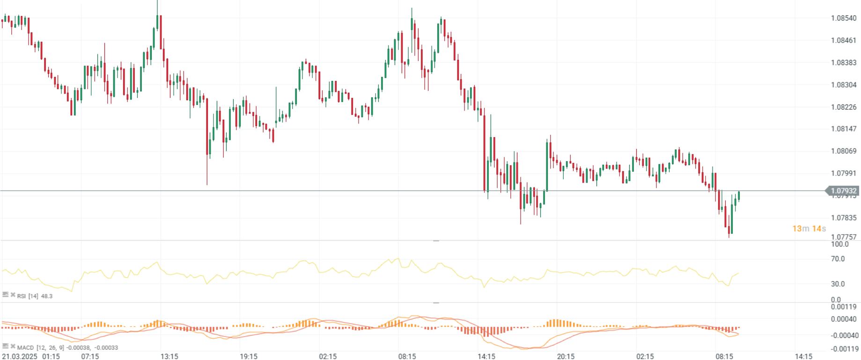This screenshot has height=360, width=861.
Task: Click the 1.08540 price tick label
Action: tap(844, 18)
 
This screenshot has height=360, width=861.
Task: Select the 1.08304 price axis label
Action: tap(844, 85)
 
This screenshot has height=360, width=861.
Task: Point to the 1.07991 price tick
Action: tap(844, 173)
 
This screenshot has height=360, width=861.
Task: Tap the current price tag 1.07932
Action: tap(844, 191)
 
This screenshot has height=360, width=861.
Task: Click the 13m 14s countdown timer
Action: tap(809, 228)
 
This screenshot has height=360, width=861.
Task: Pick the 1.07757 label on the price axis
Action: tap(844, 237)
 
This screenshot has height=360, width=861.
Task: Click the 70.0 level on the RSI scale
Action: tap(838, 259)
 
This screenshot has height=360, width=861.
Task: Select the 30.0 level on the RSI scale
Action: tap(838, 284)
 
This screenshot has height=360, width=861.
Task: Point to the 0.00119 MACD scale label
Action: tap(845, 307)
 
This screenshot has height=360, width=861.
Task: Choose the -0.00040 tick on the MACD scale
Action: tap(845, 336)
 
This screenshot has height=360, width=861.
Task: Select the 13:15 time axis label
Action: tap(169, 356)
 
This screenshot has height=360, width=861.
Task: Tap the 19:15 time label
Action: tap(249, 356)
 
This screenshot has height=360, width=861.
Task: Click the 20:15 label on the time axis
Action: tap(566, 356)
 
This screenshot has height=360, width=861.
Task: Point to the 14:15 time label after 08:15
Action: tap(803, 356)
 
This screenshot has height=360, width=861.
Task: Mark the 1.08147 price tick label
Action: tap(844, 129)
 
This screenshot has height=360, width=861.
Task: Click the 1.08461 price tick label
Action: tap(844, 40)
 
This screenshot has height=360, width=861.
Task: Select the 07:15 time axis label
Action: tap(90, 356)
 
